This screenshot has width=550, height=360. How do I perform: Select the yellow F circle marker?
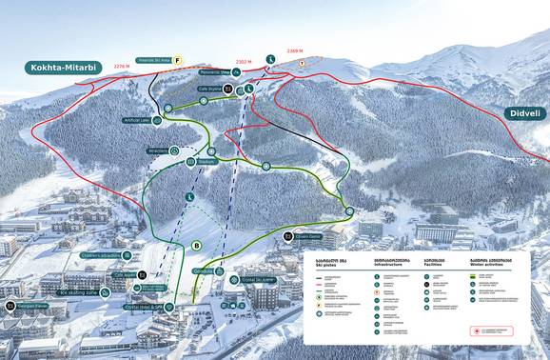click(175, 58)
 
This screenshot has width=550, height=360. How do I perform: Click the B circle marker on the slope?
click(196, 246)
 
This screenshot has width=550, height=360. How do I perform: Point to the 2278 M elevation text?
click(122, 66)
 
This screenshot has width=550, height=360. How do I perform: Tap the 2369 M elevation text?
click(294, 51)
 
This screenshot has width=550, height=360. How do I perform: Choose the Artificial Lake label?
click(136, 120)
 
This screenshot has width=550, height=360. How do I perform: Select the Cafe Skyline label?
click(208, 89)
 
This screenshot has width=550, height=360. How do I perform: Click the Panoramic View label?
click(214, 71)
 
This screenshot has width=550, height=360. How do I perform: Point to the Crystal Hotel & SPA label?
click(145, 307)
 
